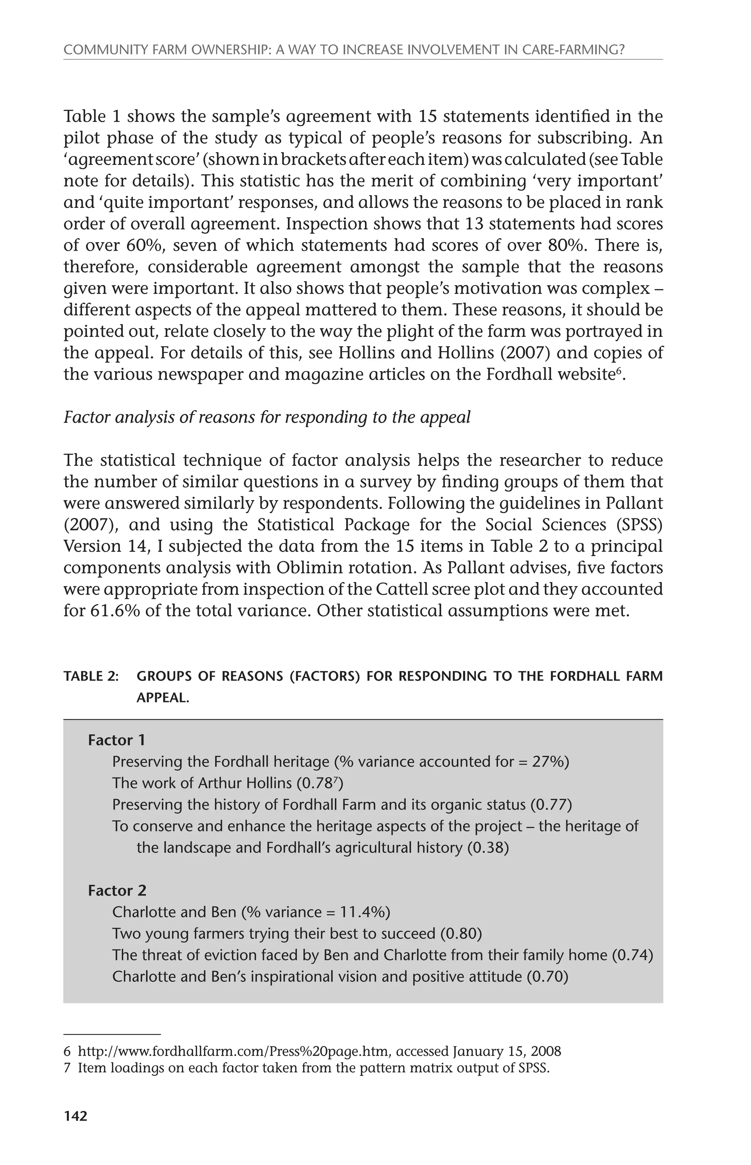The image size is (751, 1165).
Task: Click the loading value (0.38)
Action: [488, 848]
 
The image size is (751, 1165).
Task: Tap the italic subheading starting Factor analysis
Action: [267, 418]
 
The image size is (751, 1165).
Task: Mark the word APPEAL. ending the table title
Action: [162, 698]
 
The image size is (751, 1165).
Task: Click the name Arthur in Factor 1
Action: [220, 783]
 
